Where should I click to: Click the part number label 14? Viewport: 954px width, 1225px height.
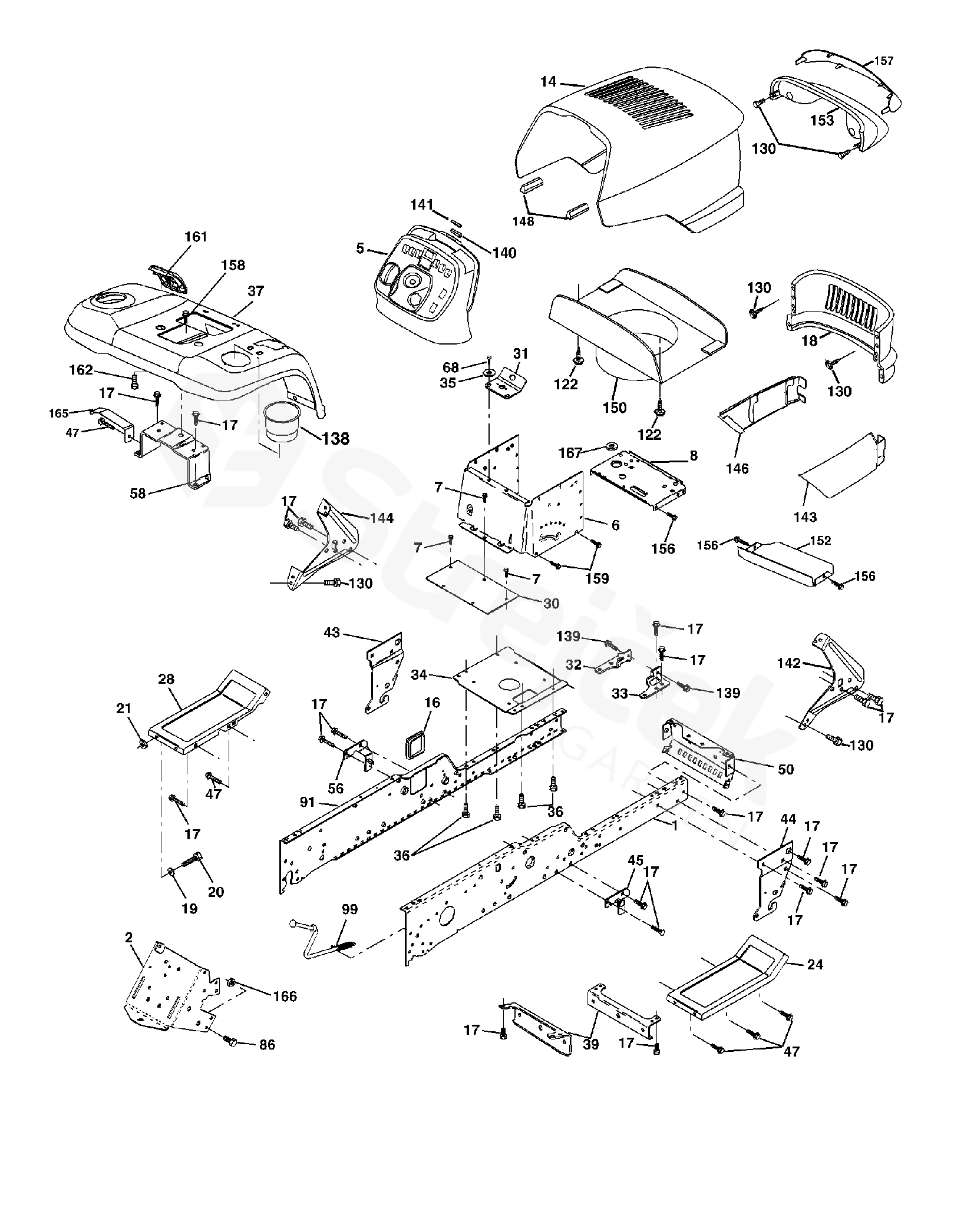[x=548, y=82]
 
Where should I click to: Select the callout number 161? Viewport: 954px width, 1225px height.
[x=196, y=237]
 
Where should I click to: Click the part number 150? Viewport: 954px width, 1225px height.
[x=615, y=407]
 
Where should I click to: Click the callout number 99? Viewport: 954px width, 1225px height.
[x=349, y=909]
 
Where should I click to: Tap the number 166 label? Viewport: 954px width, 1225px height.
[x=285, y=996]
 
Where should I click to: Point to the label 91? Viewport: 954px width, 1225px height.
[x=308, y=802]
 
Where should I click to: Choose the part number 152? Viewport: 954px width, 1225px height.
[x=820, y=540]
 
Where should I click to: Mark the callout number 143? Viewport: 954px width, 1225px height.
[x=805, y=517]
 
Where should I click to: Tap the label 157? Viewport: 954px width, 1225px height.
[x=883, y=60]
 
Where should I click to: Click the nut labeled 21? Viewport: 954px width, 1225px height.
[x=143, y=746]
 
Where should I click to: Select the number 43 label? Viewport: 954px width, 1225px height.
[x=332, y=633]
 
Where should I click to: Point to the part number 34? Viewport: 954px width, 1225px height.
[x=419, y=674]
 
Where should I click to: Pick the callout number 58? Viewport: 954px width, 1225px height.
[x=137, y=493]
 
